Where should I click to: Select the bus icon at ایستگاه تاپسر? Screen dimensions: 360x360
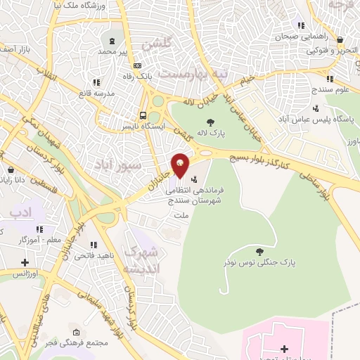pos(143,115)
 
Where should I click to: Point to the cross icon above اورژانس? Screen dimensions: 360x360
pos(25,262)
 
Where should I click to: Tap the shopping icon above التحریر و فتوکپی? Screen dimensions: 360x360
pos(341,40)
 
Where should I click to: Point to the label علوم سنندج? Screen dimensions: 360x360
pos(333,89)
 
